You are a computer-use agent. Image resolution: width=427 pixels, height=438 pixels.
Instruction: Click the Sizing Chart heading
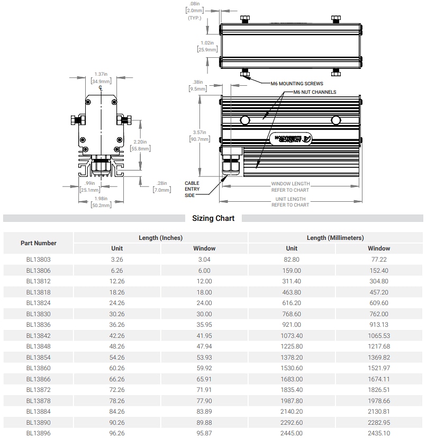pyautogui.click(x=213, y=218)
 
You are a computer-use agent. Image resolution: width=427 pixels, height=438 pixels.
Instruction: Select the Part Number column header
pyautogui.click(x=39, y=243)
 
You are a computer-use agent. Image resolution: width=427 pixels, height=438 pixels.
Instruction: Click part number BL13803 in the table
pyautogui.click(x=39, y=260)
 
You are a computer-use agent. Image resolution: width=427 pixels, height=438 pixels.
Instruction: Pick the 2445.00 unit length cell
pyautogui.click(x=292, y=433)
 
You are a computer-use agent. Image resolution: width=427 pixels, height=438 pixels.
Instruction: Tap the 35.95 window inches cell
pyautogui.click(x=204, y=325)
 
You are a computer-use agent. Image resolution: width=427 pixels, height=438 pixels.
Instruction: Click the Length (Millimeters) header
pyautogui.click(x=335, y=238)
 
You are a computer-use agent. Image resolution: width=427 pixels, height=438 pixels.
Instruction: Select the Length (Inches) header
pyautogui.click(x=160, y=238)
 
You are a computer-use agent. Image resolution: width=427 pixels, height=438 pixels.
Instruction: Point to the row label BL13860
pyautogui.click(x=39, y=368)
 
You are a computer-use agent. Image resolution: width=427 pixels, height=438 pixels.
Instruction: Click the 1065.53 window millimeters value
pyautogui.click(x=379, y=336)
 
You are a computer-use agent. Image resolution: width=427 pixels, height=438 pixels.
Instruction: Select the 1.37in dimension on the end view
pyautogui.click(x=101, y=78)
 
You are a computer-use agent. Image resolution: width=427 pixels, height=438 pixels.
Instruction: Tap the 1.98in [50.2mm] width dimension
pyautogui.click(x=101, y=202)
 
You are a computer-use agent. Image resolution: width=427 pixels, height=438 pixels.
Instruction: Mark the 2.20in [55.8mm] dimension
pyautogui.click(x=140, y=145)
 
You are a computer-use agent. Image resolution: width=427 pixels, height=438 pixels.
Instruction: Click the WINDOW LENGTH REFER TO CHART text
pyautogui.click(x=290, y=186)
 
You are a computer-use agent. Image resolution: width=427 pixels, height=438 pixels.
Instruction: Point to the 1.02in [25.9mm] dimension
pyautogui.click(x=207, y=46)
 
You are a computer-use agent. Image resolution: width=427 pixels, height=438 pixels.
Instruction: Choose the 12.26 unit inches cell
pyautogui.click(x=117, y=281)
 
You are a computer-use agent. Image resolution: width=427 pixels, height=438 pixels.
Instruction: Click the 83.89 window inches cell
pyautogui.click(x=204, y=412)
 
